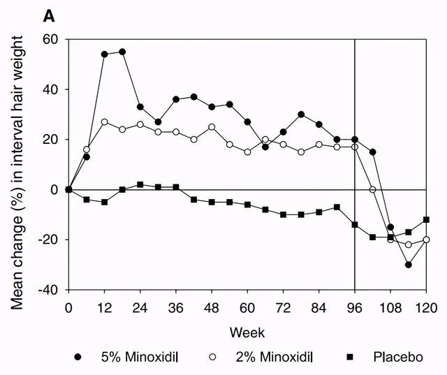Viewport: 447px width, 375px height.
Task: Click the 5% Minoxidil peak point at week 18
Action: tap(122, 52)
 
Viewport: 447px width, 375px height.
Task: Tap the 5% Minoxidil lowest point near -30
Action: tap(408, 265)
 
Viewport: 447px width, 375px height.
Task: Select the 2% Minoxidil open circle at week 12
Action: tap(105, 122)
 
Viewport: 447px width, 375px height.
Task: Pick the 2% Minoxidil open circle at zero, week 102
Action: tap(372, 190)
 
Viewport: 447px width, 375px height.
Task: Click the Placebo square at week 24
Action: tap(140, 184)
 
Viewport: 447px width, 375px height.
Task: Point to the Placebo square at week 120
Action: tap(426, 219)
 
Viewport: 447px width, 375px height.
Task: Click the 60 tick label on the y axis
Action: tap(50, 39)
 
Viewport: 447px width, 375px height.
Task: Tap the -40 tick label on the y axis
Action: tap(47, 290)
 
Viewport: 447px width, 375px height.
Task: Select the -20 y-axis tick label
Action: tap(47, 240)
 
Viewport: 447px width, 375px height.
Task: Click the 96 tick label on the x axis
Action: tap(355, 307)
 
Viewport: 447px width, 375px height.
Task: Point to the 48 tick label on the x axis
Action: tap(212, 307)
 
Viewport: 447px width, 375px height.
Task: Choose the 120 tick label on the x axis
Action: tap(426, 307)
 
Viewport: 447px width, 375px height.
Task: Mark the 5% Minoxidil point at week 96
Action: tap(355, 140)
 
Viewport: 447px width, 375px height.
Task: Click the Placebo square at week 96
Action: tap(355, 224)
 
